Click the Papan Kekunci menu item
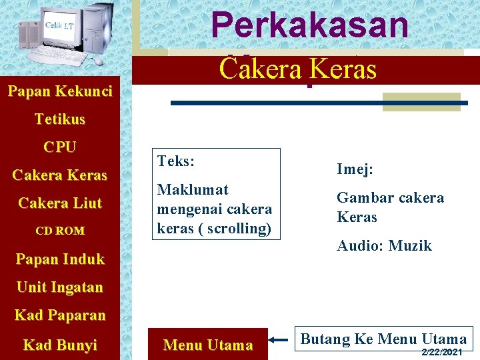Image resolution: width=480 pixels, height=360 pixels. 60,91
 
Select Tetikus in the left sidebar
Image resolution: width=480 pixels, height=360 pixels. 60,119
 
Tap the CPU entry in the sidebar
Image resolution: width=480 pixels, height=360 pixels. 60,147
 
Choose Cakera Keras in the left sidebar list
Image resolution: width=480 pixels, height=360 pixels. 60,175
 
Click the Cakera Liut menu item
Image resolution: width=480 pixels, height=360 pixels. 60,203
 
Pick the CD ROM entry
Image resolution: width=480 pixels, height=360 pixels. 60,231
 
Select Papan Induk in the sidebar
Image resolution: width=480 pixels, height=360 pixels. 60,259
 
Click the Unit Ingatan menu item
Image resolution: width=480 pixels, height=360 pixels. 60,287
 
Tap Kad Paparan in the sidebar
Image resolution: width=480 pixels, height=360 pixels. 60,315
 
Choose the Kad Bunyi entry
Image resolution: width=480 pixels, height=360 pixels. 60,345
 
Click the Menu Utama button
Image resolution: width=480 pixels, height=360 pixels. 208,345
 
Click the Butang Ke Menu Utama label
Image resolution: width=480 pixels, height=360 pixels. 383,339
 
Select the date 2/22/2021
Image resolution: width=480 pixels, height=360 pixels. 442,351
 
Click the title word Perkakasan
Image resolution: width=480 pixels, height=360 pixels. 309,25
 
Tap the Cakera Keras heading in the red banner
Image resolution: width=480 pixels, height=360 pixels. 298,69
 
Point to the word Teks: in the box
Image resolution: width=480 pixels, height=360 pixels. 176,161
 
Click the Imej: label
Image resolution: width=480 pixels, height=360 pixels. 355,169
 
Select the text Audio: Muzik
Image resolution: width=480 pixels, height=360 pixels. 384,246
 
